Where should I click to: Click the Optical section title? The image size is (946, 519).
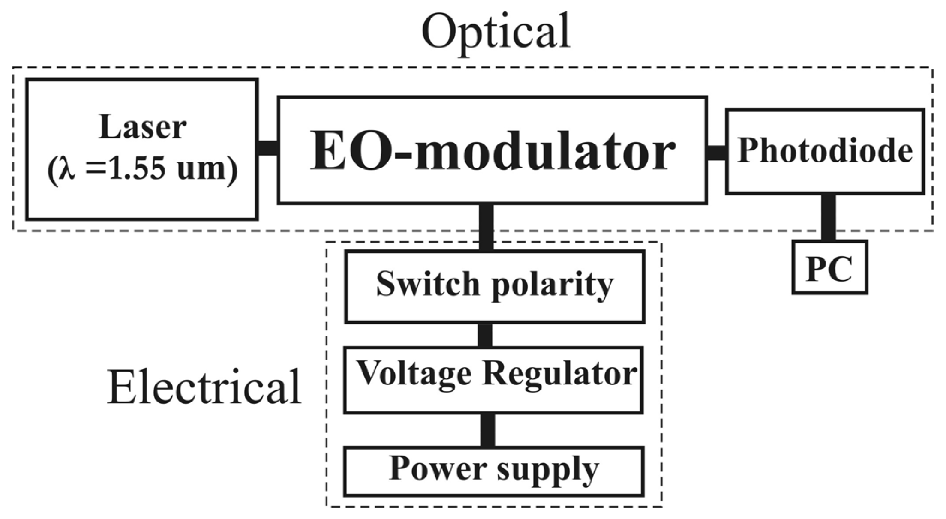coord(496,32)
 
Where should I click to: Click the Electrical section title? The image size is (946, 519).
coord(204,387)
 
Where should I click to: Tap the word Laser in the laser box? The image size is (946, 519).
coord(142,127)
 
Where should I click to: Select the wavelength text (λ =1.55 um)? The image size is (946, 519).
coord(142,168)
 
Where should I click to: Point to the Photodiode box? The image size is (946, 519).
coord(825,151)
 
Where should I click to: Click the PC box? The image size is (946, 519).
coord(829,268)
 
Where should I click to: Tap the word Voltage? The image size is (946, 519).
coord(414,374)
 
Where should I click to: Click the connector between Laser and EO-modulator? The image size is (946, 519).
coord(268,148)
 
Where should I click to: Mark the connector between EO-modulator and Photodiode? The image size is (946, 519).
coord(716,153)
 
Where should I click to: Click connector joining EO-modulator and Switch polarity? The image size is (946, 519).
coord(486,227)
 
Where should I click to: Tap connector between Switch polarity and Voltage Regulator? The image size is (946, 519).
coord(485,335)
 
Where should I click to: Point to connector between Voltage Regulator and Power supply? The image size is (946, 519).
coord(487,430)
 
